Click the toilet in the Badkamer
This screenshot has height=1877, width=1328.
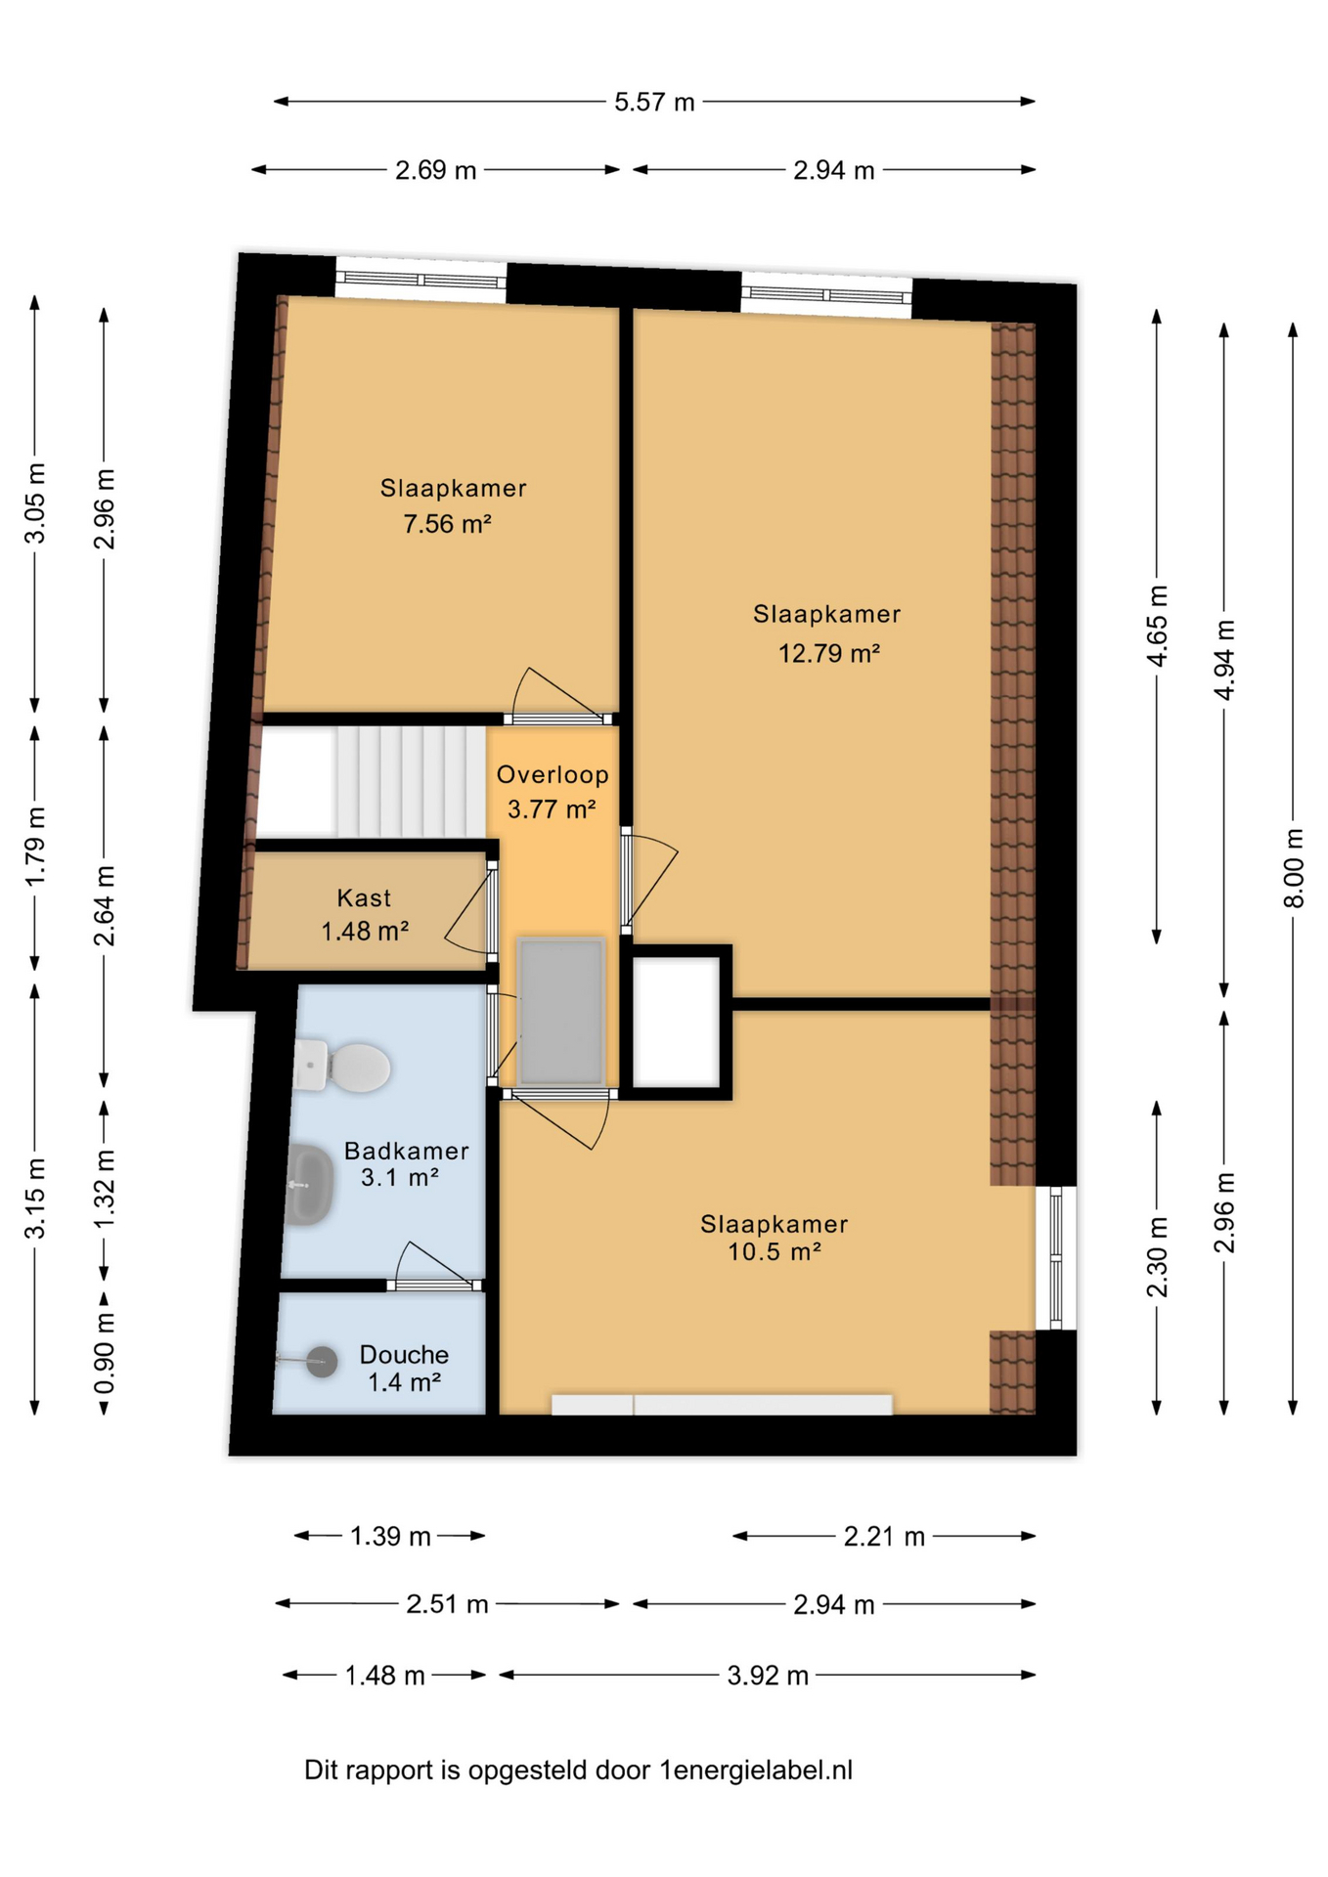[x=341, y=1067]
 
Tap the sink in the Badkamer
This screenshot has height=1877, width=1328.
[x=310, y=1185]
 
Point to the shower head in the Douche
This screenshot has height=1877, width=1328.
[x=321, y=1361]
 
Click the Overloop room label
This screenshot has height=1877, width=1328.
[x=553, y=775]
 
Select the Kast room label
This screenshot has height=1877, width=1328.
[x=364, y=898]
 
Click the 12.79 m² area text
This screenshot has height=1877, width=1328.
[x=828, y=653]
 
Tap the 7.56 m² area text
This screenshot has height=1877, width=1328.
[x=447, y=524]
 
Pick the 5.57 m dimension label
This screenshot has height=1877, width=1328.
[x=654, y=102]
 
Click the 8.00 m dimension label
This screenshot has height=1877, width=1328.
[x=1294, y=868]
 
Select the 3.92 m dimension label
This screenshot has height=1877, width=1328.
[x=768, y=1676]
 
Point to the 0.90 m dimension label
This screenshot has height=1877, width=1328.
[x=105, y=1355]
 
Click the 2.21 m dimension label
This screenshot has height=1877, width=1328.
[x=884, y=1537]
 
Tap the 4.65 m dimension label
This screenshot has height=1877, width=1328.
[x=1157, y=626]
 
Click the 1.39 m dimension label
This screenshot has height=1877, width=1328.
[x=390, y=1537]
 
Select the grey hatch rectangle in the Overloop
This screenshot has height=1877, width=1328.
[x=561, y=1012]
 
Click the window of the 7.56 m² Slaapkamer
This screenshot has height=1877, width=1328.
[x=421, y=281]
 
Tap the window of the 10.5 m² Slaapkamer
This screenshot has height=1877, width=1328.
[x=1056, y=1258]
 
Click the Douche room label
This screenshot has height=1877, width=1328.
[x=404, y=1355]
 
